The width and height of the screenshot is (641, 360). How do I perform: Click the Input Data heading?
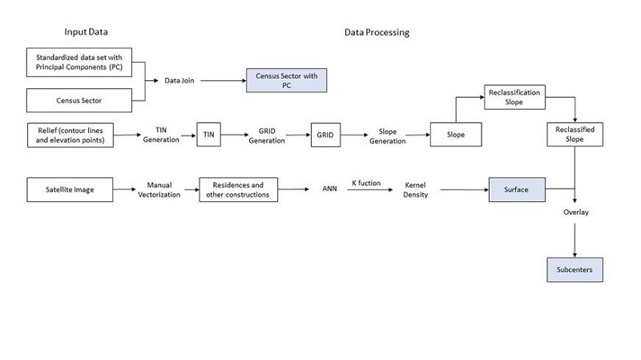[86, 32]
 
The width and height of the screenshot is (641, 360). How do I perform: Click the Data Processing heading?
[377, 33]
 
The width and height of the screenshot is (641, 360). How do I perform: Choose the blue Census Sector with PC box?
[287, 80]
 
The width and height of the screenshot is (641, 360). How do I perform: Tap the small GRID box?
[325, 135]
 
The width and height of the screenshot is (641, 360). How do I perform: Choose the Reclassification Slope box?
[514, 98]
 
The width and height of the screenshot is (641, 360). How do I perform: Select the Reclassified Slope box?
[574, 134]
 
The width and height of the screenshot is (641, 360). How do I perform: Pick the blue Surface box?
[517, 190]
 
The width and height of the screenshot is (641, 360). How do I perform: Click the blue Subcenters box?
[574, 270]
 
